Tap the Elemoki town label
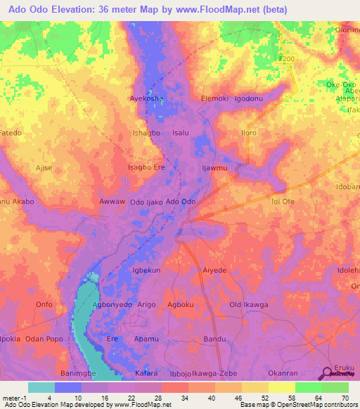point(215,99)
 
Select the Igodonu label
point(249,99)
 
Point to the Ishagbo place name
point(148,133)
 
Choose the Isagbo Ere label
point(146,167)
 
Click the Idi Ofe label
point(282,202)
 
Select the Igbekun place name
point(147,270)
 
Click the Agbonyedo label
point(112,304)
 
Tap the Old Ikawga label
point(248,304)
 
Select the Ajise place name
point(44,168)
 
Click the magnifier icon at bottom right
point(328,375)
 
